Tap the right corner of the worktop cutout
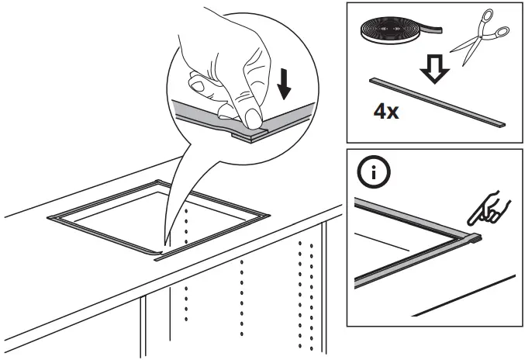click(x=268, y=213)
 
